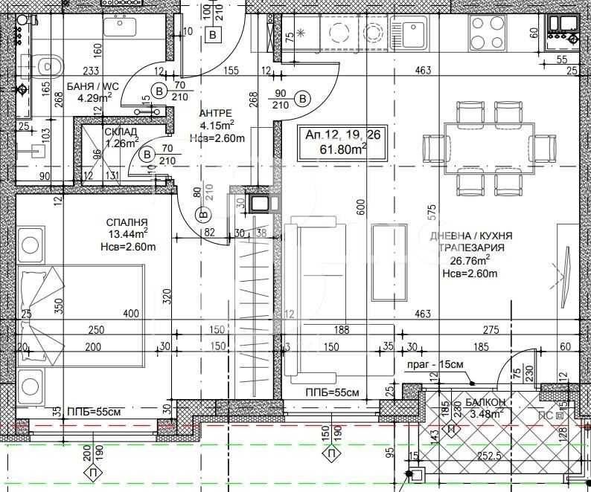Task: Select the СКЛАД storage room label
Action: point(121,132)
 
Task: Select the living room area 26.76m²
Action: point(470,260)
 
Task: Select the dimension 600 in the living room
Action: point(362,209)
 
